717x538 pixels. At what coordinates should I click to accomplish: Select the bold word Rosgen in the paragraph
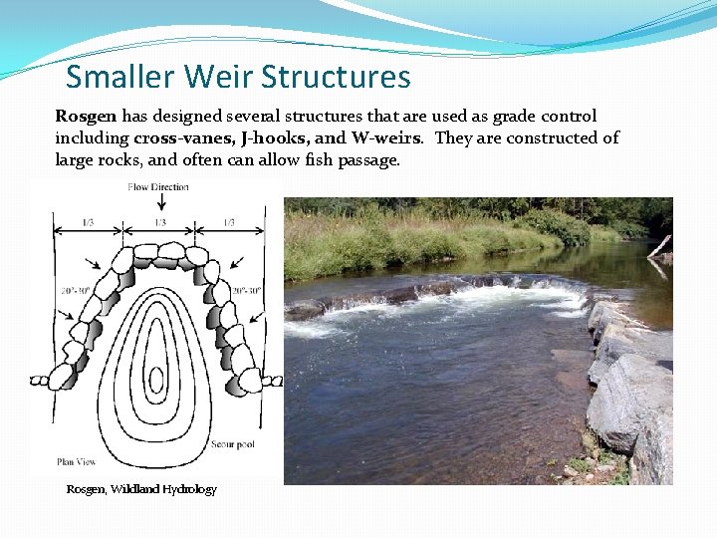(x=86, y=117)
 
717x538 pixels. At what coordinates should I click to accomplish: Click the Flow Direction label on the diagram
(x=159, y=187)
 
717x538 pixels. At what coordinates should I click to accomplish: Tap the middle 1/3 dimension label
(x=160, y=222)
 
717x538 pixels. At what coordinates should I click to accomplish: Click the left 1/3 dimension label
(x=89, y=222)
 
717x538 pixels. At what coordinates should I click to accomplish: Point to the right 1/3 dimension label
(x=230, y=222)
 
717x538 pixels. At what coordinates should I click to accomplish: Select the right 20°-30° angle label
(x=246, y=291)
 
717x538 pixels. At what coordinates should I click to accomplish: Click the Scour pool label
(x=234, y=443)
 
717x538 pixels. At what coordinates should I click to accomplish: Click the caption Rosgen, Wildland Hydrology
(x=140, y=489)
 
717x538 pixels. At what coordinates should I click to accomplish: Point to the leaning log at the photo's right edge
(x=659, y=247)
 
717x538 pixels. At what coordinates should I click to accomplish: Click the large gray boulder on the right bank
(x=629, y=399)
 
